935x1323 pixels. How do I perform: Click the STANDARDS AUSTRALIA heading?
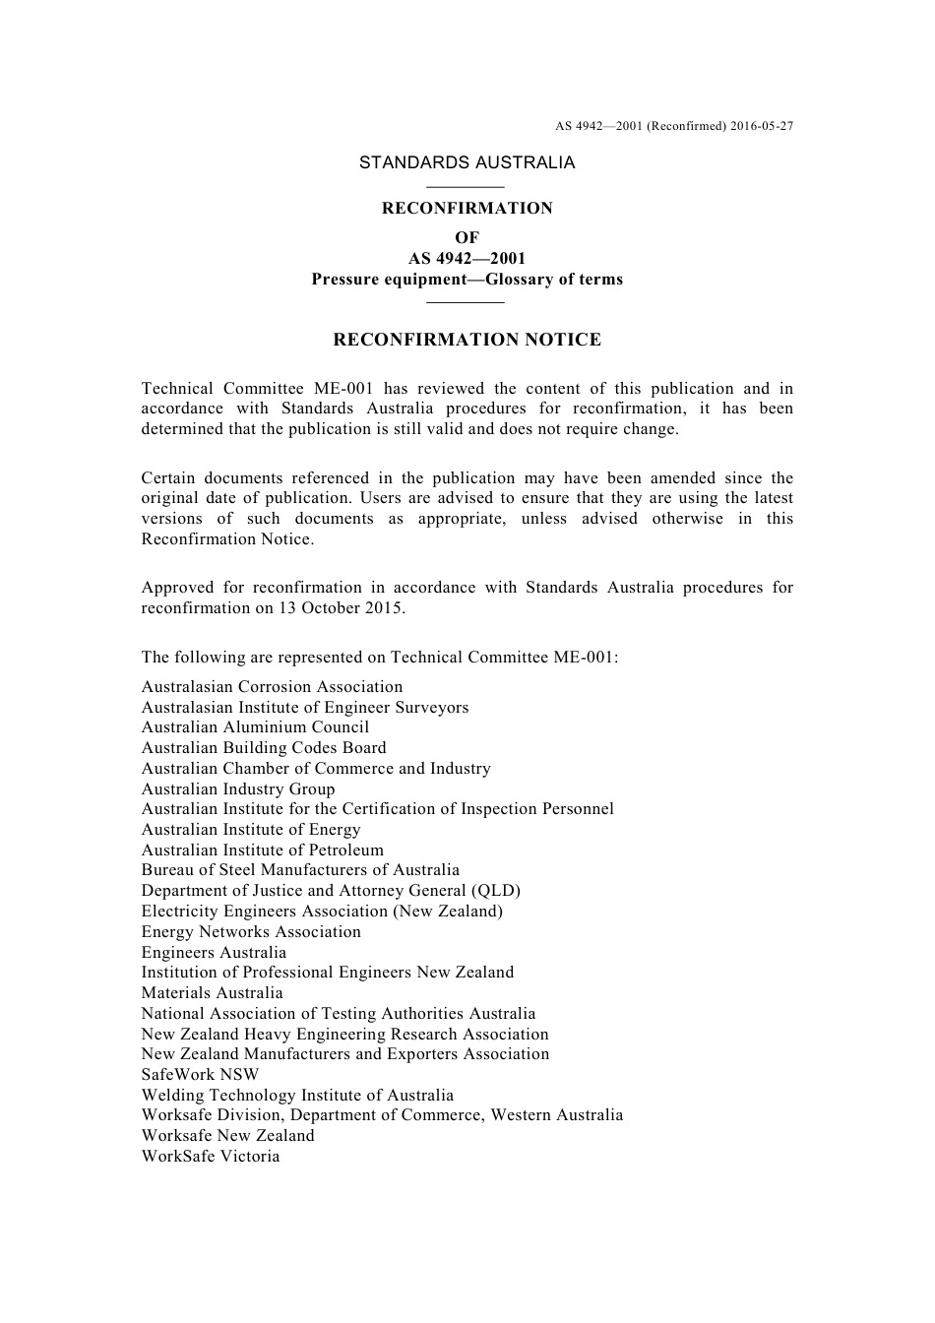pyautogui.click(x=467, y=163)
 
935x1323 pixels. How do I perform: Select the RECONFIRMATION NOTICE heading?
pyautogui.click(x=467, y=341)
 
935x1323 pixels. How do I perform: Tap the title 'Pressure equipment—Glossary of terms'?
pyautogui.click(x=467, y=280)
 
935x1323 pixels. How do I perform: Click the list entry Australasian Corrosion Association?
pyautogui.click(x=272, y=687)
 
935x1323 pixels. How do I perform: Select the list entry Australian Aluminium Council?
pyautogui.click(x=255, y=727)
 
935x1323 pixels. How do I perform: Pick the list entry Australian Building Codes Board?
pyautogui.click(x=264, y=748)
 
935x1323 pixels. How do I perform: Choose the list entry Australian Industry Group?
pyautogui.click(x=238, y=789)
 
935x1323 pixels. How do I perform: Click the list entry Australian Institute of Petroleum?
pyautogui.click(x=262, y=850)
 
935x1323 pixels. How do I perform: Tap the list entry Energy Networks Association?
pyautogui.click(x=251, y=932)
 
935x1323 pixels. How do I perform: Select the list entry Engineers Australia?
pyautogui.click(x=214, y=953)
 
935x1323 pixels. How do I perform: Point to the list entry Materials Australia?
pyautogui.click(x=212, y=993)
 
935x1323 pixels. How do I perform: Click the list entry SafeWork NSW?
pyautogui.click(x=200, y=1075)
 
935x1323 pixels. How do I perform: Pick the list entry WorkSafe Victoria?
pyautogui.click(x=211, y=1157)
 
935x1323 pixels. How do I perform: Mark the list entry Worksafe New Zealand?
pyautogui.click(x=227, y=1136)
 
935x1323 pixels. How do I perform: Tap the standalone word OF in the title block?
pyautogui.click(x=467, y=238)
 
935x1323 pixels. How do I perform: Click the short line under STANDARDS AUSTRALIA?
pyautogui.click(x=467, y=186)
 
